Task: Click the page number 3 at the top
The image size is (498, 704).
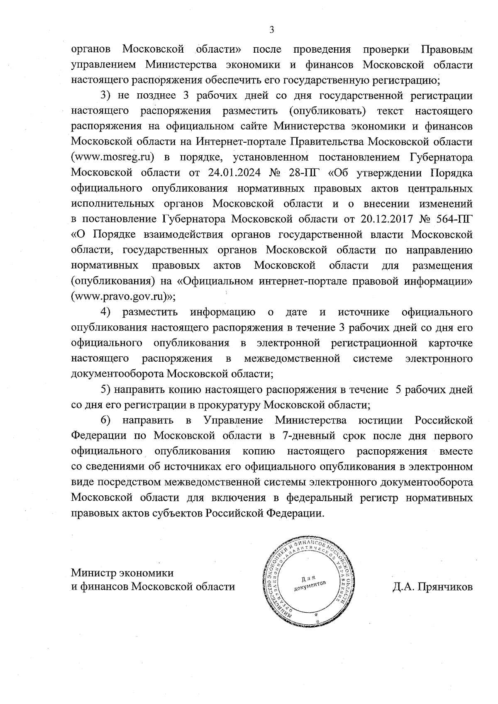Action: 272,29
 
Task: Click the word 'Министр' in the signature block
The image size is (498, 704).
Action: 94,573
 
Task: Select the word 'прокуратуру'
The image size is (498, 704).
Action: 230,405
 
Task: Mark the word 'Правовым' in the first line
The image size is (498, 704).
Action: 447,50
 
